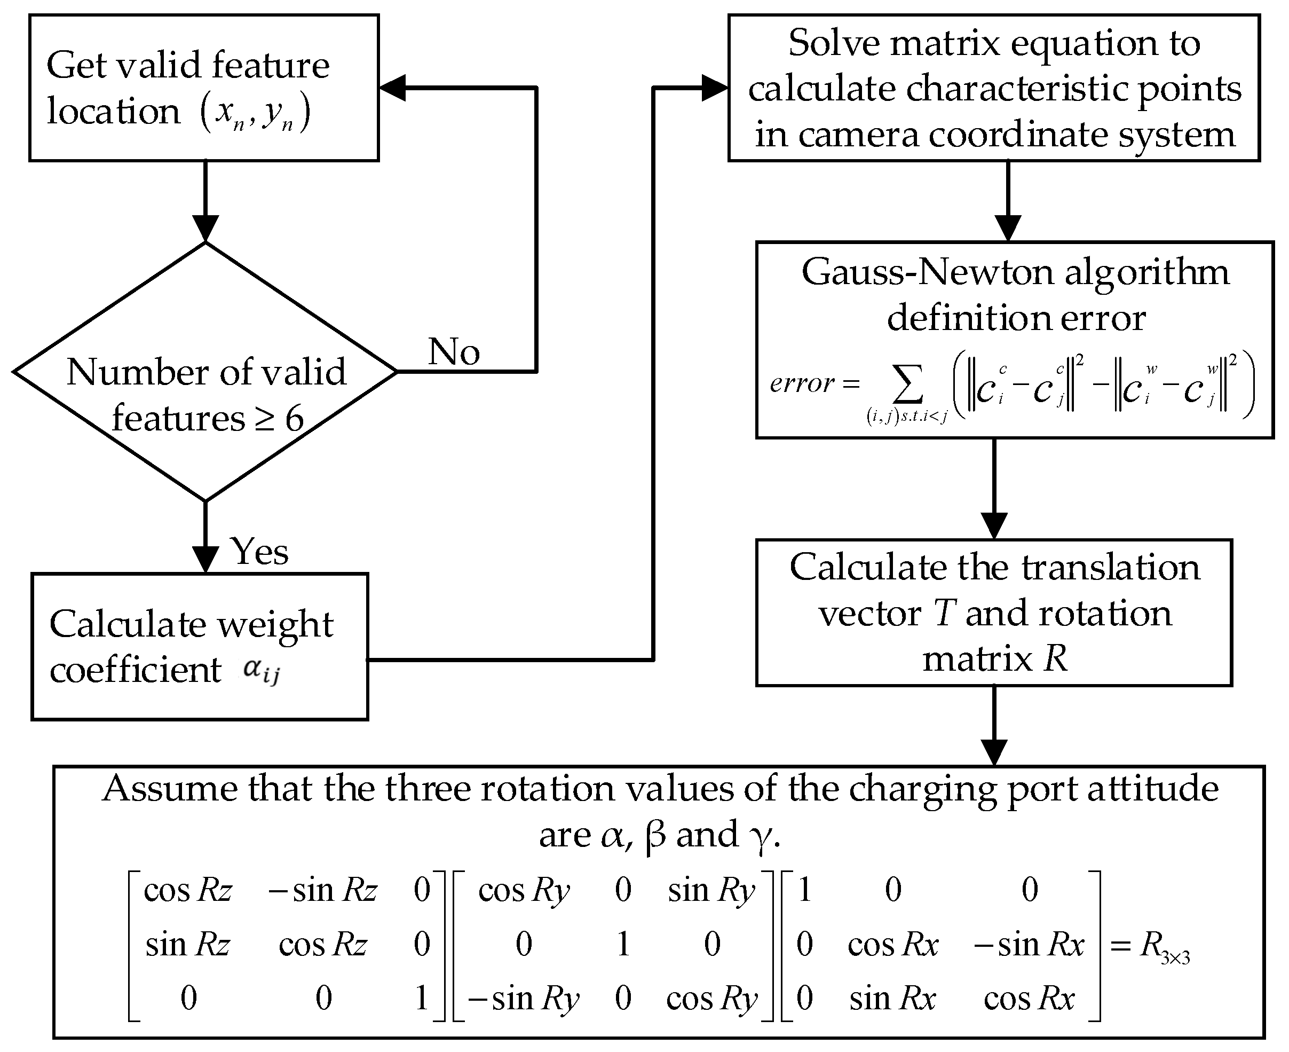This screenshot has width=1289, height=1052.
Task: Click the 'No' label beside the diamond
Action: [x=454, y=351]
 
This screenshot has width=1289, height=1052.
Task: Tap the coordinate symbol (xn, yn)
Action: [x=255, y=113]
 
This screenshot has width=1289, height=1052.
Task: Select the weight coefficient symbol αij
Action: [x=261, y=670]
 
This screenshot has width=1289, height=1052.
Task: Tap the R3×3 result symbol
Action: [x=1164, y=946]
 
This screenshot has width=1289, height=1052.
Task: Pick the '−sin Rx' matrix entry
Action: [x=1029, y=945]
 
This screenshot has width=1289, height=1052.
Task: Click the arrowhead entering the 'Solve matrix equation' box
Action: [x=715, y=88]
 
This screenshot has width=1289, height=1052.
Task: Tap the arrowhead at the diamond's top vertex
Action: [x=205, y=229]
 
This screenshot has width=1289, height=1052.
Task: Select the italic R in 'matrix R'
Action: [x=1055, y=659]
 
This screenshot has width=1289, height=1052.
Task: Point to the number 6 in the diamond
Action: [x=295, y=419]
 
